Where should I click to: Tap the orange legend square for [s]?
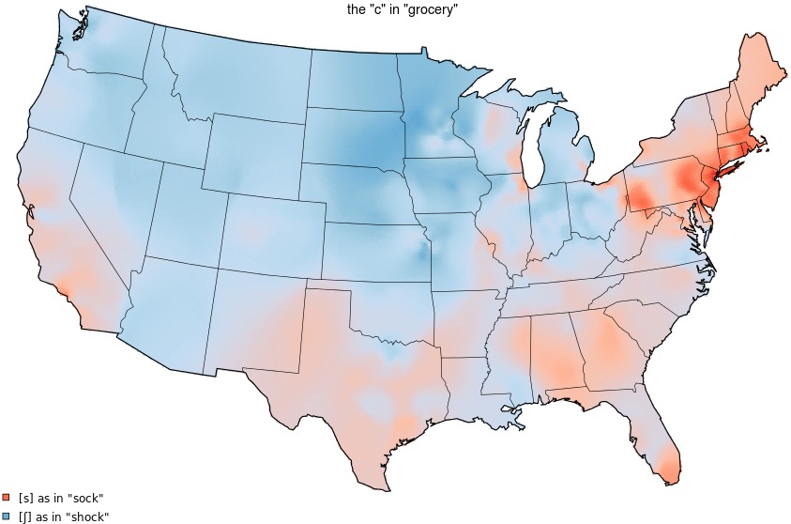(x=6, y=497)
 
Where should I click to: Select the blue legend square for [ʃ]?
(x=6, y=516)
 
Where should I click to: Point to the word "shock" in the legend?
(x=88, y=516)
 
